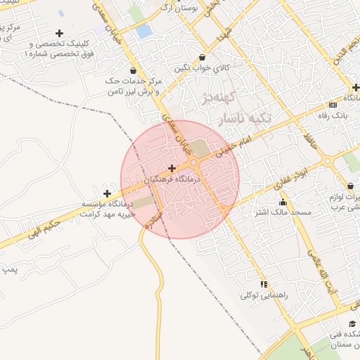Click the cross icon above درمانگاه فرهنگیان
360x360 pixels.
(x=172, y=168)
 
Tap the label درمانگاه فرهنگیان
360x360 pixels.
(x=173, y=180)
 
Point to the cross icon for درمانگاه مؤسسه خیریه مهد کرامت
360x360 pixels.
(x=107, y=193)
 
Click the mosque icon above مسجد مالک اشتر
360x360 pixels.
(x=283, y=202)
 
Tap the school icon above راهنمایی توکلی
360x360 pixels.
(x=264, y=284)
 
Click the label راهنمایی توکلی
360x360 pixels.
(x=264, y=295)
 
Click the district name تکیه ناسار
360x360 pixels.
(x=250, y=118)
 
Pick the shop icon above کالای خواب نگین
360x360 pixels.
(x=202, y=58)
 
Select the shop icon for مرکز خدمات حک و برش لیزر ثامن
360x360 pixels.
(x=134, y=70)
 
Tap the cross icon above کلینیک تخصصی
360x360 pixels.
(x=59, y=33)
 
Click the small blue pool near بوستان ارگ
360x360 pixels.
(x=143, y=32)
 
